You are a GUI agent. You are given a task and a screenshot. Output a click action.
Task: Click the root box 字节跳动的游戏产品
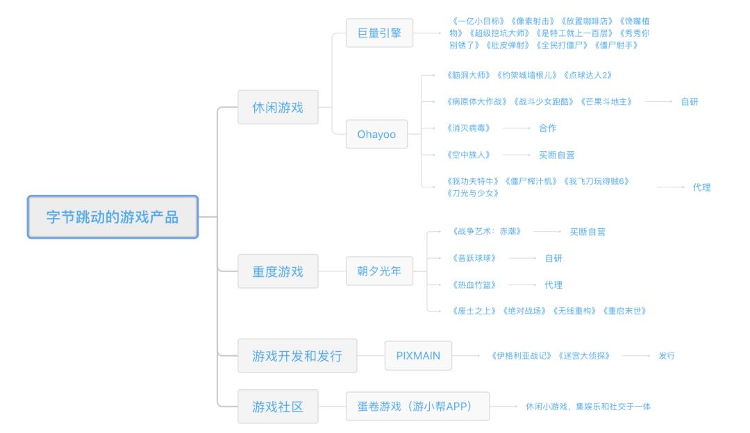[x=113, y=216]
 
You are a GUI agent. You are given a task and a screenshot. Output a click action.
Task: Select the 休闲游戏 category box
[x=278, y=107]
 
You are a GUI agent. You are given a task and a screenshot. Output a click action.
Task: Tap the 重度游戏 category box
[x=278, y=271]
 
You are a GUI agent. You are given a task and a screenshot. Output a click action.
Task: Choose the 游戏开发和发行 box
[x=297, y=355]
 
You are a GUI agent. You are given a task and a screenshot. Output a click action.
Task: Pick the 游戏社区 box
[x=278, y=406]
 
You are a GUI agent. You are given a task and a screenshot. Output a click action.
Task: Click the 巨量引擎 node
[x=379, y=33]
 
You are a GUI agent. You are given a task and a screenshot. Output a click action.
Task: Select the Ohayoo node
[x=376, y=135]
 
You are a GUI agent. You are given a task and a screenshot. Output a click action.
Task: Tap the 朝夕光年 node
[x=379, y=271]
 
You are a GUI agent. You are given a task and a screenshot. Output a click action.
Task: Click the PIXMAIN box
[x=418, y=355]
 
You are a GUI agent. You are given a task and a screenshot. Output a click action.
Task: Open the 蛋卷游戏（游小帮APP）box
[x=417, y=406]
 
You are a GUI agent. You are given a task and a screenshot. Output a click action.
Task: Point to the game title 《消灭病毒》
[x=468, y=128]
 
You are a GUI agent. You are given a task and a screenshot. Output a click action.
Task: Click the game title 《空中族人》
[x=468, y=155]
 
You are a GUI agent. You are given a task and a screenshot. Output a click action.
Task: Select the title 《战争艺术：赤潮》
[x=486, y=231]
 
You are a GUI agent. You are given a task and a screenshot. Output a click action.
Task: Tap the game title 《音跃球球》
[x=474, y=258]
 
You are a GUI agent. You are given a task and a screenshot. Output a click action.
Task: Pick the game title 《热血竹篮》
[x=474, y=285]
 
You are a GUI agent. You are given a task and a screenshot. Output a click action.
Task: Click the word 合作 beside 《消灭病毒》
[x=547, y=128]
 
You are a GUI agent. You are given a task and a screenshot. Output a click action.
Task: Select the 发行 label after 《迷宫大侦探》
[x=667, y=355]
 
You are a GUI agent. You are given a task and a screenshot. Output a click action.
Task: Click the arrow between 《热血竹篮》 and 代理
[x=522, y=285]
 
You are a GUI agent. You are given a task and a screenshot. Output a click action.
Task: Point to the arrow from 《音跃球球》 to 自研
[x=522, y=258]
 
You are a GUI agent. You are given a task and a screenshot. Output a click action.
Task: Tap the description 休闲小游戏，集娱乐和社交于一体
[x=588, y=406]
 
